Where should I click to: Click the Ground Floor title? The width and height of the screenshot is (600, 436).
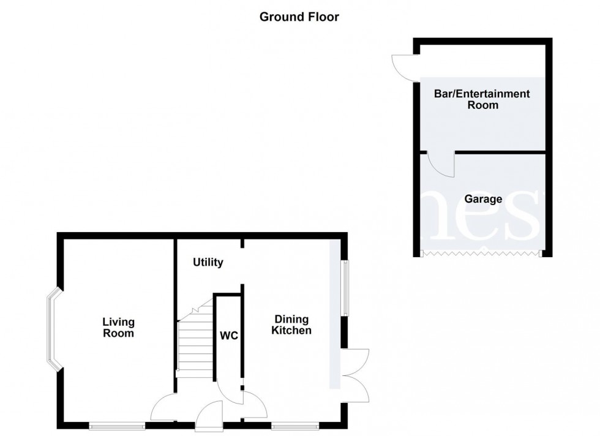pyautogui.click(x=299, y=17)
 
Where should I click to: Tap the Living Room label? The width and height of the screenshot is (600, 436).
pyautogui.click(x=118, y=328)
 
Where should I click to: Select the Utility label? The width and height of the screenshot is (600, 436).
pyautogui.click(x=208, y=263)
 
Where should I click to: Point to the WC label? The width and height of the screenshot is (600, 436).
pyautogui.click(x=229, y=336)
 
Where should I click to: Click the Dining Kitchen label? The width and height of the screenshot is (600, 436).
pyautogui.click(x=293, y=325)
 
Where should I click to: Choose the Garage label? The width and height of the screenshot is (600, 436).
pyautogui.click(x=482, y=199)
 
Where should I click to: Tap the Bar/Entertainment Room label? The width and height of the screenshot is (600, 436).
pyautogui.click(x=482, y=99)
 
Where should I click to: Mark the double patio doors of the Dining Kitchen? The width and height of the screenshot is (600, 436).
pyautogui.click(x=356, y=375)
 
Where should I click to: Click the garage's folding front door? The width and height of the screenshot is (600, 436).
pyautogui.click(x=481, y=252)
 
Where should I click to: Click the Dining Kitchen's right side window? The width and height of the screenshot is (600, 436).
pyautogui.click(x=345, y=288)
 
